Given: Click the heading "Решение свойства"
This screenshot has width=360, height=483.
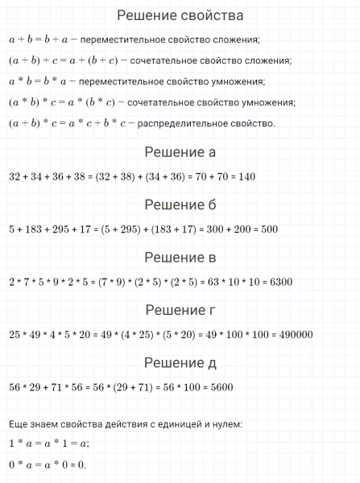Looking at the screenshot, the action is pos(180,15).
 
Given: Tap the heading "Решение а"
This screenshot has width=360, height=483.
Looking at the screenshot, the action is pos(180,152).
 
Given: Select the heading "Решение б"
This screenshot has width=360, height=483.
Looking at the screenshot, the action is pos(180,204).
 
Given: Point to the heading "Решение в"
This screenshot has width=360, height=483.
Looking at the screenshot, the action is pos(180,258).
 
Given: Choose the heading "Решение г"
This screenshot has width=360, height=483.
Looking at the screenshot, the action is pos(180,310).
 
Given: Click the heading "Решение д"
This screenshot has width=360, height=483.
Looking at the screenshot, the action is pos(180,363).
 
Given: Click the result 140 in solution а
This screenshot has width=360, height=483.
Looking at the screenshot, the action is pos(246,177).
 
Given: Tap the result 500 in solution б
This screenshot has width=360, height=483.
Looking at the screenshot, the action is pos(268,229).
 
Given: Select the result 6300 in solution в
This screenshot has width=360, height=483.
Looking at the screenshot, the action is pos(278,283).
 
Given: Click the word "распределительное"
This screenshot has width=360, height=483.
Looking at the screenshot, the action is pos(179,123).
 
